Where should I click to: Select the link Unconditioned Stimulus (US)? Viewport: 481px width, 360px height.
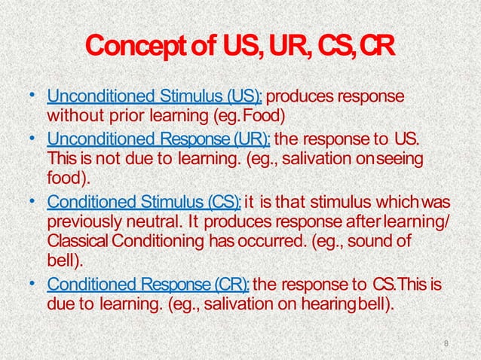coord(155,98)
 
